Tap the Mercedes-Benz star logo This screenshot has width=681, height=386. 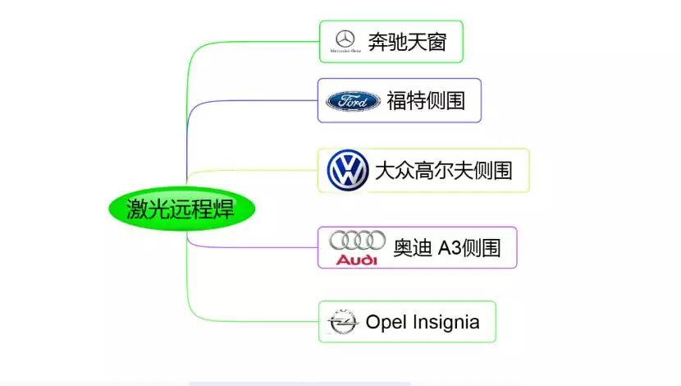click(345, 38)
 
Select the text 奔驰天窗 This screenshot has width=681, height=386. click(407, 41)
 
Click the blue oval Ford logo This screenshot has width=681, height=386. click(353, 101)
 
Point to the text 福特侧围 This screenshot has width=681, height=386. click(426, 101)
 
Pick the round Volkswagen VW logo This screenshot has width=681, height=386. click(347, 171)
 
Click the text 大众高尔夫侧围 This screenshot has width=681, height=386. click(443, 171)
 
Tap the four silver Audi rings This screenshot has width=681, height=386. click(357, 241)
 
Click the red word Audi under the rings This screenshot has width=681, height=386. click(357, 260)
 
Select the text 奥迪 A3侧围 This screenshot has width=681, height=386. click(446, 247)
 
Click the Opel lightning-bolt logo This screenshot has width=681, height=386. click(342, 322)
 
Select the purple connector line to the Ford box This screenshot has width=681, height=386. click(246, 101)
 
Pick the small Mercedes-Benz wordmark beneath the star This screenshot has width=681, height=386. click(345, 51)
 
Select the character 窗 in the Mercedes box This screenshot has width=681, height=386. click(436, 41)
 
